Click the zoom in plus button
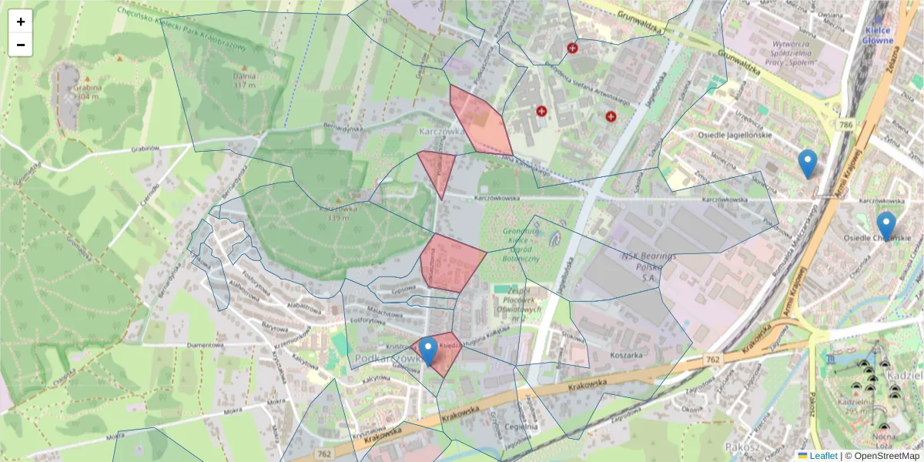pyautogui.click(x=21, y=22)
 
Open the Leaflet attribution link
pyautogui.click(x=822, y=456)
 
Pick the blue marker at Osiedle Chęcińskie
pyautogui.click(x=886, y=226)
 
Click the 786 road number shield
pyautogui.click(x=846, y=124)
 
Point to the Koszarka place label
pyautogui.click(x=625, y=356)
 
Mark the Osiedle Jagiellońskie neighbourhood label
pyautogui.click(x=734, y=135)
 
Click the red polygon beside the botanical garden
pyautogui.click(x=451, y=262)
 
